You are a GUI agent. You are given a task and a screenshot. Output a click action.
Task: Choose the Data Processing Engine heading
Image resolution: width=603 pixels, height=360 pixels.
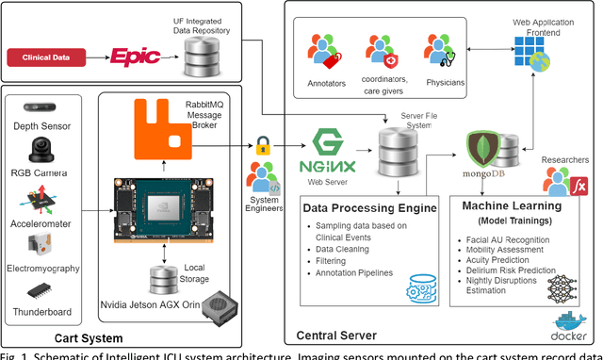(x=370, y=206)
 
